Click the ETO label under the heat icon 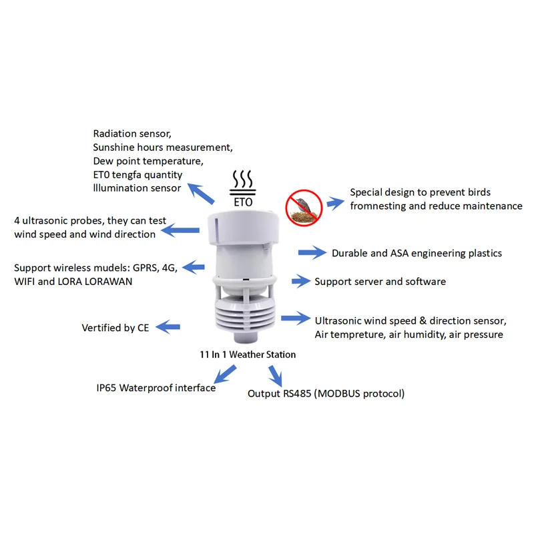click(x=242, y=200)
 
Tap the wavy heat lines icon click(x=242, y=180)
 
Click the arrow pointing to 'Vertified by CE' click(x=168, y=327)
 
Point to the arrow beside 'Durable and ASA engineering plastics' click(x=311, y=253)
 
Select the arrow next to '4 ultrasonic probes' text click(x=180, y=230)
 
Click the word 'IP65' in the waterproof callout click(x=107, y=388)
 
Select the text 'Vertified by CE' click(x=115, y=328)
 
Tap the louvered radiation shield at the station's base click(x=243, y=317)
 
